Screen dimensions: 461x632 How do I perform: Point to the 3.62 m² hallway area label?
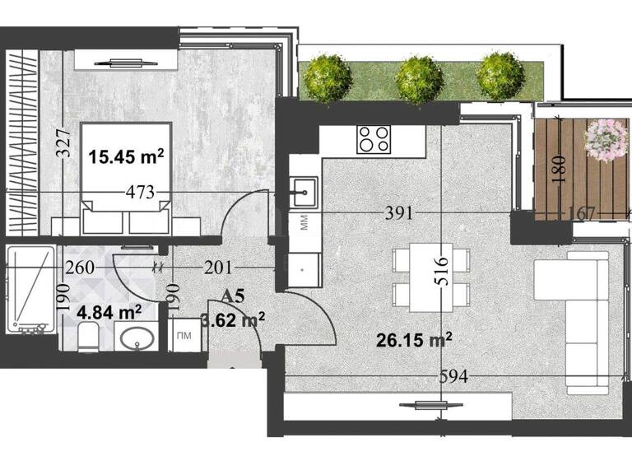233,319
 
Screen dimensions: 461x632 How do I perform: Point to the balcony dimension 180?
560,168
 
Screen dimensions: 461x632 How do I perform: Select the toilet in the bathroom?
88,337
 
